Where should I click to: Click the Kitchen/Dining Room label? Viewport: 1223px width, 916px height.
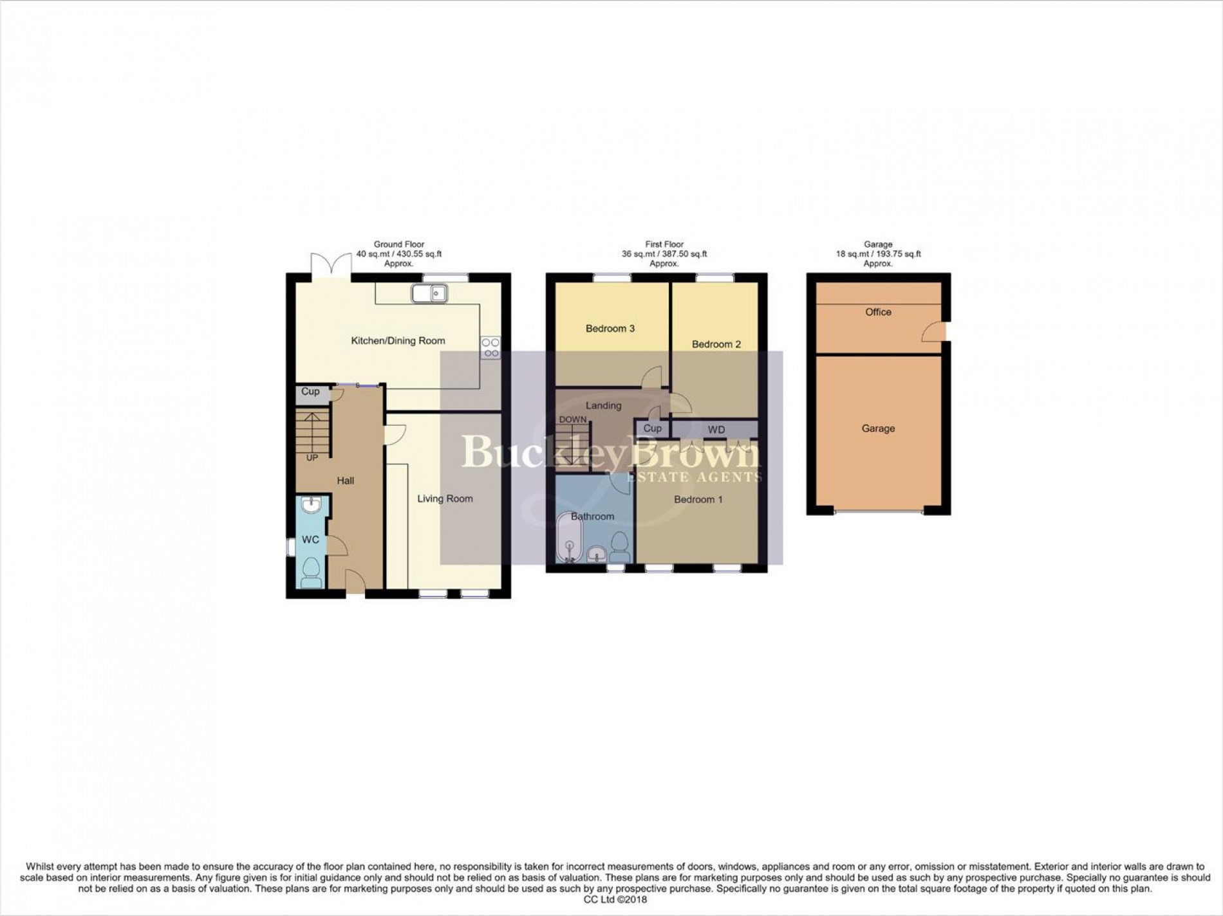398,341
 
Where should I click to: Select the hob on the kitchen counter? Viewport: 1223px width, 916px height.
490,348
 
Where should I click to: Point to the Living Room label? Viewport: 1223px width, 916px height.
445,499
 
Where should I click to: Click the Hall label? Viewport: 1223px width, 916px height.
346,481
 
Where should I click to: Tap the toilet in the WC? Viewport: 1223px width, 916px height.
312,572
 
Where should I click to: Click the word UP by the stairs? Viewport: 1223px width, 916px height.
312,458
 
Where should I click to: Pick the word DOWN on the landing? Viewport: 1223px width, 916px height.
572,419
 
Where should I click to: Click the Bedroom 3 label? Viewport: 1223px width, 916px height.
610,329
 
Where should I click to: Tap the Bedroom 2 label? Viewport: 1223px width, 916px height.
716,344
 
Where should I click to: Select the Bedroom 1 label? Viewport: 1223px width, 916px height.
698,499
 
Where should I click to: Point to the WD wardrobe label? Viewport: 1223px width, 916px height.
716,429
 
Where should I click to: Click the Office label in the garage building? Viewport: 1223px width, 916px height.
878,312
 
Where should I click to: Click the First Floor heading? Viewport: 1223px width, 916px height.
664,244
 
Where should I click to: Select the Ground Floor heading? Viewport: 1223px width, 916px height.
399,244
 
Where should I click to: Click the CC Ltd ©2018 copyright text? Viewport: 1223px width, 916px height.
611,899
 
